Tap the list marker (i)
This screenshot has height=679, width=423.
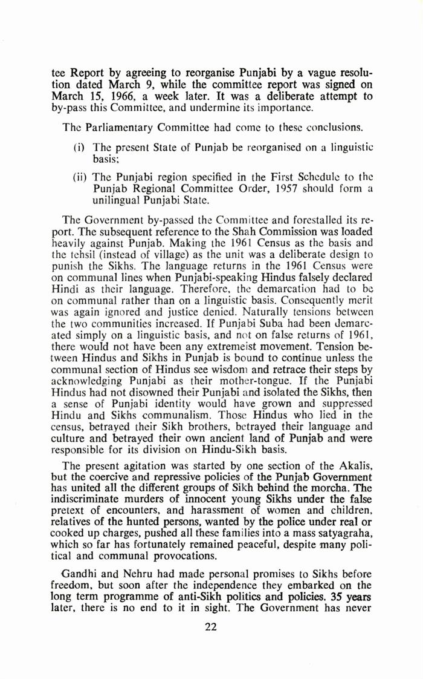[x=78, y=148]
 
